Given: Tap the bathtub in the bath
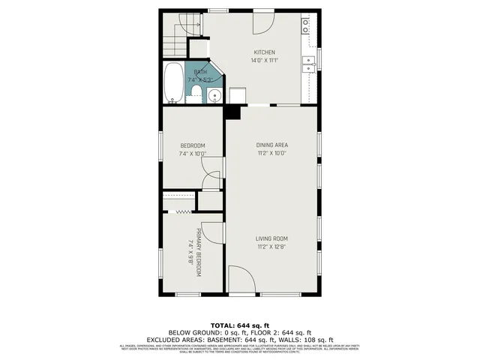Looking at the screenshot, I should [x=173, y=83].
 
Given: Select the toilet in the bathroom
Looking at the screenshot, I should [x=196, y=92].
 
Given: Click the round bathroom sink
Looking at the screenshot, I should [x=213, y=95].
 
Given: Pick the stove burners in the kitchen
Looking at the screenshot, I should [x=307, y=25].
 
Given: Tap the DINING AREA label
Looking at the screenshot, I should [x=272, y=145].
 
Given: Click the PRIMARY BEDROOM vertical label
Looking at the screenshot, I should [x=200, y=253].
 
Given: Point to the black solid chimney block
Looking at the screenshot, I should [x=233, y=112].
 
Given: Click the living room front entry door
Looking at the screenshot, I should [x=241, y=282].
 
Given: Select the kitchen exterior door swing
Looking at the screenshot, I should [x=263, y=22].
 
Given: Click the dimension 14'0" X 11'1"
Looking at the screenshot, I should [x=264, y=61].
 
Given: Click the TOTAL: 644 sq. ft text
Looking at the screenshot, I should [x=239, y=324].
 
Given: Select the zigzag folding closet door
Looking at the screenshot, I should [x=178, y=213].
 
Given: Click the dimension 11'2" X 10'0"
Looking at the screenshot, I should [x=272, y=153].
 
